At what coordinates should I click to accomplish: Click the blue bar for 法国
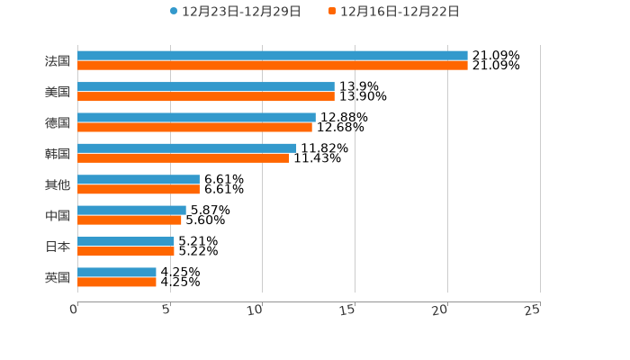click(273, 56)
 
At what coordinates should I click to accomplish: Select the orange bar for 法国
click(273, 66)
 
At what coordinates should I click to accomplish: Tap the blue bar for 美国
click(206, 86)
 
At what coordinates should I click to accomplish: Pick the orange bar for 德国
click(194, 127)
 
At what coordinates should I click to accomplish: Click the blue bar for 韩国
click(187, 148)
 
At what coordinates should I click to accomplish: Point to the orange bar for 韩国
click(183, 157)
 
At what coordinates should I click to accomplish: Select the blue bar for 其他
click(139, 179)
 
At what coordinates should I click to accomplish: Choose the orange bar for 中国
click(130, 220)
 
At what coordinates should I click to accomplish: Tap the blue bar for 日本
click(126, 241)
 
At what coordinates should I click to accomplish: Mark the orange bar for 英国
click(117, 282)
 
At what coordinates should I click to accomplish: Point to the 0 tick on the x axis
click(74, 310)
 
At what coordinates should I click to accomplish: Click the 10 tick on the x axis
click(257, 310)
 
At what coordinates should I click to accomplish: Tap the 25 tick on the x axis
click(533, 310)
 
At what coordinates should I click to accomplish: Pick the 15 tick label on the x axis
click(349, 310)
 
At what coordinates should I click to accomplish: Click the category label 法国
click(58, 61)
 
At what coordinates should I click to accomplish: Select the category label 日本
click(58, 247)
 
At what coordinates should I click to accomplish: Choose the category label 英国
click(58, 277)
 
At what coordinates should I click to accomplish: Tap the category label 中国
click(58, 216)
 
